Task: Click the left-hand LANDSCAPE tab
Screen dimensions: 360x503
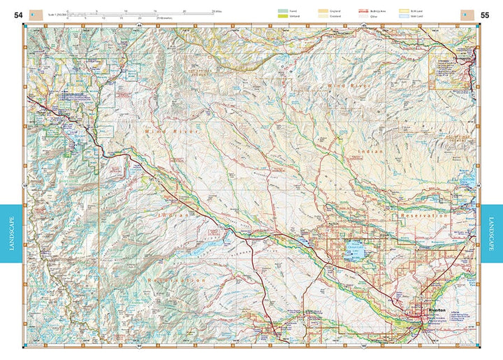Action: tap(11, 233)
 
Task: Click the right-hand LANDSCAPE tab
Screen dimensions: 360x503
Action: tap(491, 233)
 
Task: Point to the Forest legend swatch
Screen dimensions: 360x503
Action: tap(283, 11)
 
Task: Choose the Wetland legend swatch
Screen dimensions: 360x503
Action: tap(283, 16)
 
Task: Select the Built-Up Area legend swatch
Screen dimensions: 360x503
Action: tap(363, 11)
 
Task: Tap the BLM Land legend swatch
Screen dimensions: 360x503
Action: tap(403, 11)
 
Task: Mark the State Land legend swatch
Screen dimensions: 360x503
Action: tap(403, 16)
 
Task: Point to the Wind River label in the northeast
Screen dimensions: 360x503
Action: tap(347, 85)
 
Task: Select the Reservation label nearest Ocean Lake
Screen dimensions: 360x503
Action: tap(423, 216)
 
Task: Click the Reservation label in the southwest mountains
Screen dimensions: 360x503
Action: tap(177, 279)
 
